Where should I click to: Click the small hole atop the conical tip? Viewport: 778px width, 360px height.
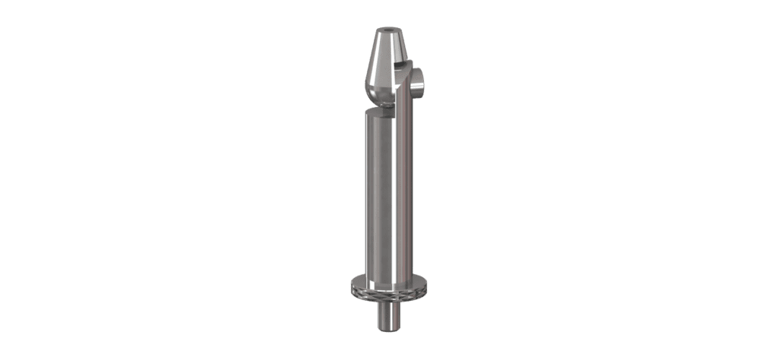pyautogui.click(x=390, y=33)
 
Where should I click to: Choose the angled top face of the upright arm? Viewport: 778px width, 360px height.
pyautogui.click(x=407, y=71)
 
